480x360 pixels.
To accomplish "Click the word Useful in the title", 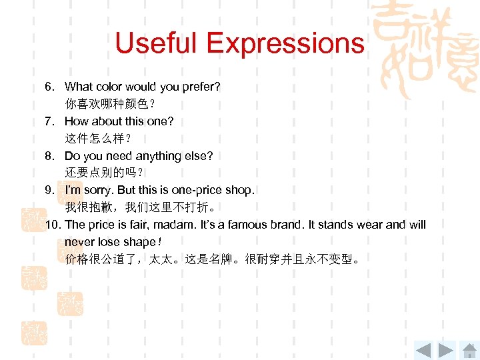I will pos(157,44).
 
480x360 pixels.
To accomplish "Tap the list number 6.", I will pos(49,87).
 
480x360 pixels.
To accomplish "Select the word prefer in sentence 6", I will pos(201,87).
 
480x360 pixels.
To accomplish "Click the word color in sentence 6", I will pos(111,87).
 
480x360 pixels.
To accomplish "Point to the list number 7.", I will pos(49,121).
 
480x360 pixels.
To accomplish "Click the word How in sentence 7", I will pos(76,121).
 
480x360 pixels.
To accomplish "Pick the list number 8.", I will pos(49,156).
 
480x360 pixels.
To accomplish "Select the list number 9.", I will pos(49,190).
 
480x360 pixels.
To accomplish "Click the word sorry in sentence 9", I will pos(99,191).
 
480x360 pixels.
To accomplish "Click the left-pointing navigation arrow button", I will pos(423,349).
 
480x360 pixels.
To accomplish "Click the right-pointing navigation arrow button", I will pos(447,349).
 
